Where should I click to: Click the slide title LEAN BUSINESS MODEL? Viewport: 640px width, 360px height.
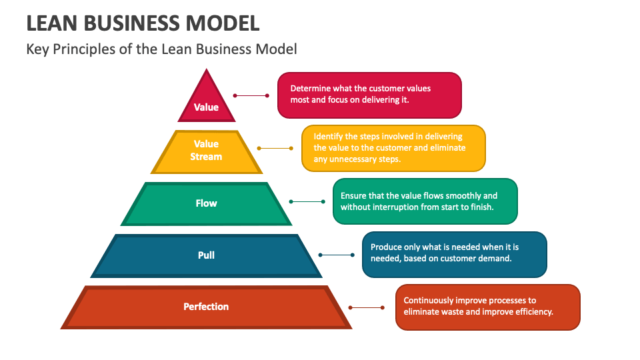coord(143,23)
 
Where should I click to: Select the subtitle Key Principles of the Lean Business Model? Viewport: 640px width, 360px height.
coord(161,49)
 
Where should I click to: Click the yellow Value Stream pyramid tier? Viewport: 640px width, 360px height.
coord(207,151)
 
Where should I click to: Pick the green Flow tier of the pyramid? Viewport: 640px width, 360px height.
coord(207,203)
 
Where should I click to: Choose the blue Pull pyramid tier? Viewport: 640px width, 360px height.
coord(207,255)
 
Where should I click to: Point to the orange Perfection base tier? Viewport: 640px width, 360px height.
coord(207,307)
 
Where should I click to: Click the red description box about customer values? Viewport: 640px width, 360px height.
coord(369,95)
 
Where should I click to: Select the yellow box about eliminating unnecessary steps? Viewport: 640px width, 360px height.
coord(393,148)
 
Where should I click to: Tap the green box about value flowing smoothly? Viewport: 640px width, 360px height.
coord(425,201)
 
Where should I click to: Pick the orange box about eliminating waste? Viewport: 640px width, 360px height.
coord(487,307)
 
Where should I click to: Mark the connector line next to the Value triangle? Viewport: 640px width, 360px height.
coord(252,95)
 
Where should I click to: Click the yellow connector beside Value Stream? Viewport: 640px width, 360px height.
coord(275,148)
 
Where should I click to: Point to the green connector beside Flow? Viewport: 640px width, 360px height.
coord(307,201)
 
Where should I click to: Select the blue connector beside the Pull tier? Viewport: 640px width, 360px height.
coord(337,255)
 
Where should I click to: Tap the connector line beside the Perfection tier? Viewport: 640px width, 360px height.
coord(367,307)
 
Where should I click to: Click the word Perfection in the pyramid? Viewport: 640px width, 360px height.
coord(207,307)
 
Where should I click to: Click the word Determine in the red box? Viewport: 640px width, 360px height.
coord(311,89)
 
